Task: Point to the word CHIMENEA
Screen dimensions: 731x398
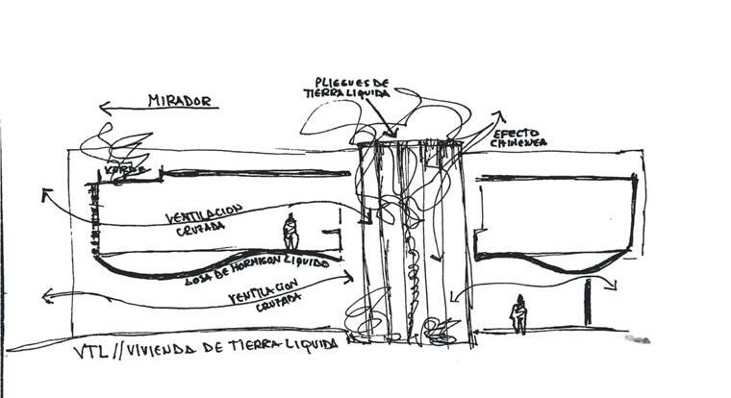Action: tap(519, 143)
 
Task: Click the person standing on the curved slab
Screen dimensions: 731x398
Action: tap(290, 234)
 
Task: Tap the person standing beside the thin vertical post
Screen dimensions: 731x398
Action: tap(518, 313)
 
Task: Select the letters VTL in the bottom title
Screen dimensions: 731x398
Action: tap(88, 351)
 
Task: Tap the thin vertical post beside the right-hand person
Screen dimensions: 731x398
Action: tap(587, 302)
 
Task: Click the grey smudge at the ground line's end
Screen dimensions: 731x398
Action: tap(637, 338)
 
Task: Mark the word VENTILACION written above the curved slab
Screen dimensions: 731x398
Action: tap(203, 213)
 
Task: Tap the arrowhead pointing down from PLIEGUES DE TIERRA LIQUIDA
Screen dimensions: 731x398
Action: tap(391, 133)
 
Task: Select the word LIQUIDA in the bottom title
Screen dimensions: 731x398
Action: tap(308, 345)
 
